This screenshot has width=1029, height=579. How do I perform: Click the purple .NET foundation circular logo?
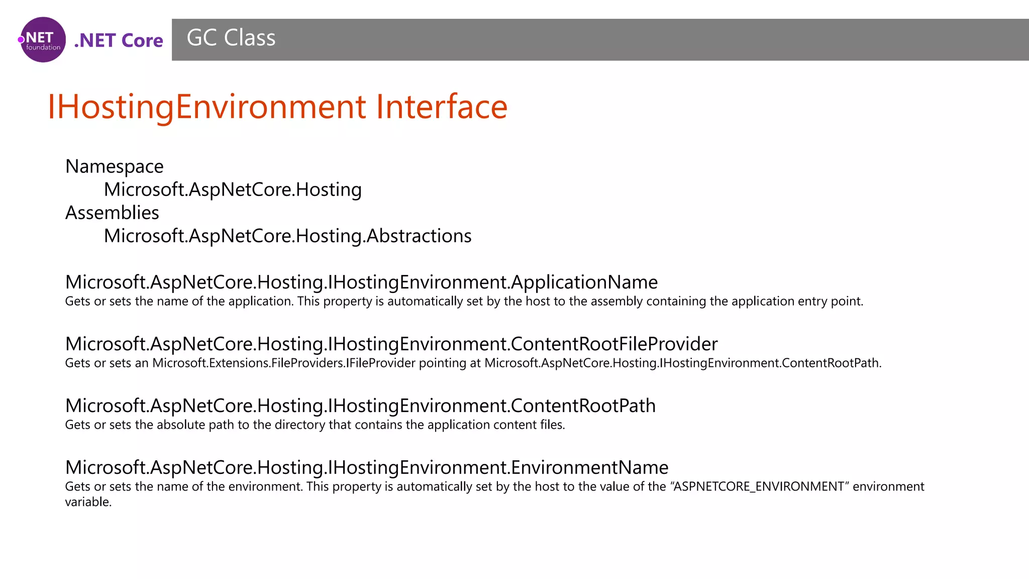click(43, 40)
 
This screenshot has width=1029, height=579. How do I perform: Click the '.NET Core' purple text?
click(119, 40)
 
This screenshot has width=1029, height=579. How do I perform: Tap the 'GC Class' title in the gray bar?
click(231, 38)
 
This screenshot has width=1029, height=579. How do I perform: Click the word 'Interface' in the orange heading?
click(442, 107)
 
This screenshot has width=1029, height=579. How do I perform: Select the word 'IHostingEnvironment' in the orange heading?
click(207, 107)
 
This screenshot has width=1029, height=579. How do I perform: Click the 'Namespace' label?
click(114, 166)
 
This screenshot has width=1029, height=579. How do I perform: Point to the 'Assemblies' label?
click(112, 213)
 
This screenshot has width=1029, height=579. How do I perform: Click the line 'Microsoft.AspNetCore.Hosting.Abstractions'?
click(287, 236)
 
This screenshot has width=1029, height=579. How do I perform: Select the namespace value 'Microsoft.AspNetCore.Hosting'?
click(233, 189)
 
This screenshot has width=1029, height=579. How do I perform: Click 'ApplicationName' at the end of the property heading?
click(584, 282)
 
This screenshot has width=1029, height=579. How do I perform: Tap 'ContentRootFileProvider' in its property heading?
click(614, 344)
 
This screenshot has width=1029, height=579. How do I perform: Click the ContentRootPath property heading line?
click(360, 406)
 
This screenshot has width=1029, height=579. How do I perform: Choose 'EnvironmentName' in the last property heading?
click(590, 467)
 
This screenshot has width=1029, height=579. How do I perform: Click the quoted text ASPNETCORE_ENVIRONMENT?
click(759, 487)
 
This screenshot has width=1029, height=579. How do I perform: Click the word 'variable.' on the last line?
click(88, 502)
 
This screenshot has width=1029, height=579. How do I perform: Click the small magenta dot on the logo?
click(21, 40)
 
